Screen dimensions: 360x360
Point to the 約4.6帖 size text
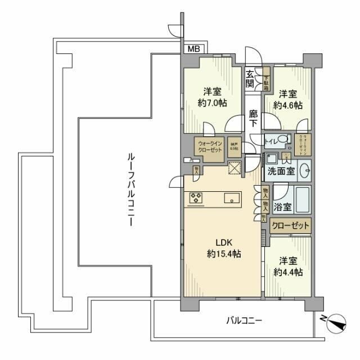287,105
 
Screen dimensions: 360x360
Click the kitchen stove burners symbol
196,197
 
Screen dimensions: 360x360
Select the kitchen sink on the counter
231,197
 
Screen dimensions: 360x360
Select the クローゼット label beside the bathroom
290,226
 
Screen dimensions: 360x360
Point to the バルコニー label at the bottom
244,321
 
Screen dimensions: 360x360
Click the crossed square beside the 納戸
235,168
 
